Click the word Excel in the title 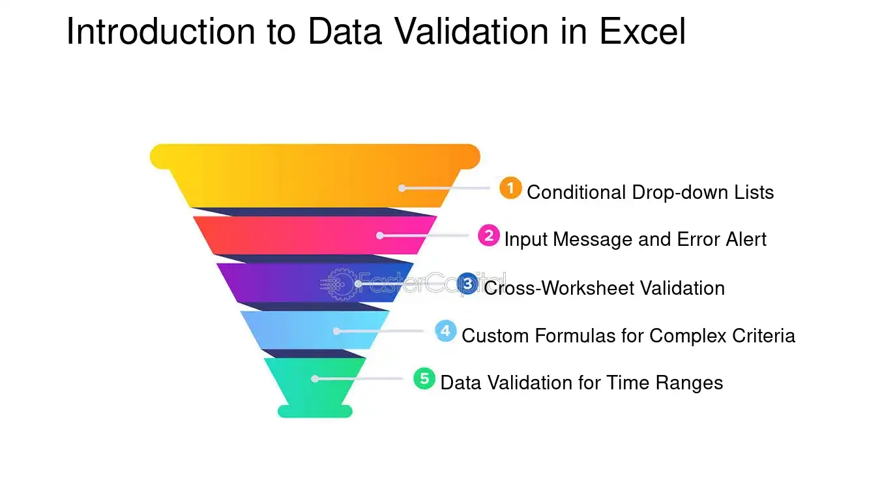point(643,31)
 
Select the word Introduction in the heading point(161,31)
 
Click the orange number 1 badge point(510,188)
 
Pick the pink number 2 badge point(489,235)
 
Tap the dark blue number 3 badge point(467,284)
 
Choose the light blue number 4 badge point(446,331)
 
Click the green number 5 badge point(424,379)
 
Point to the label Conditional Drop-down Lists point(650,192)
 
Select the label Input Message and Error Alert point(636,239)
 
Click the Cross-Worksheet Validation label point(604,288)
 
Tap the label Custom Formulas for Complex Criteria point(628,336)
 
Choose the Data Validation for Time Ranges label point(581,383)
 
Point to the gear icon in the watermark point(338,284)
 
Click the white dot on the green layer point(315,379)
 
